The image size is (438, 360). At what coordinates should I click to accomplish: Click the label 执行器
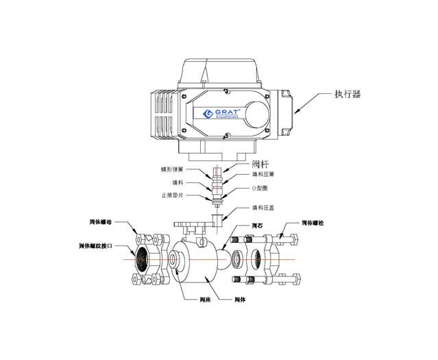coord(348,95)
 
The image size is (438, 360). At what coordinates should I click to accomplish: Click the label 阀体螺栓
coord(317,224)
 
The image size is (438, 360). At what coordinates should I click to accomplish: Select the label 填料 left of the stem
coord(177,182)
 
